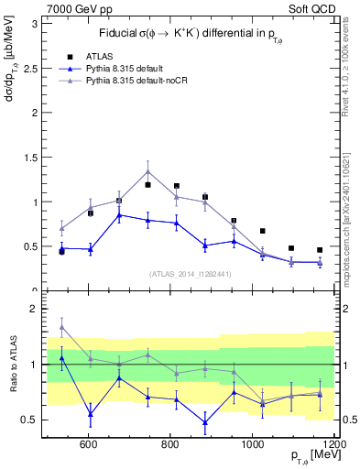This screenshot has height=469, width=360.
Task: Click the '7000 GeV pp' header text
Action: (75, 8)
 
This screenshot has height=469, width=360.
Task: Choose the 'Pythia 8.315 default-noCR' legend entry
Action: (142, 82)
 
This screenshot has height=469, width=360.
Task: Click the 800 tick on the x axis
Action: (170, 444)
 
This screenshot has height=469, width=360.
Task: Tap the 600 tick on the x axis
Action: (89, 444)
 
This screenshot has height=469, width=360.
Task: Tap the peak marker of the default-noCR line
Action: (147, 171)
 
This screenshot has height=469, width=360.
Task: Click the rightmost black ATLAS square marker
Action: (320, 250)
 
